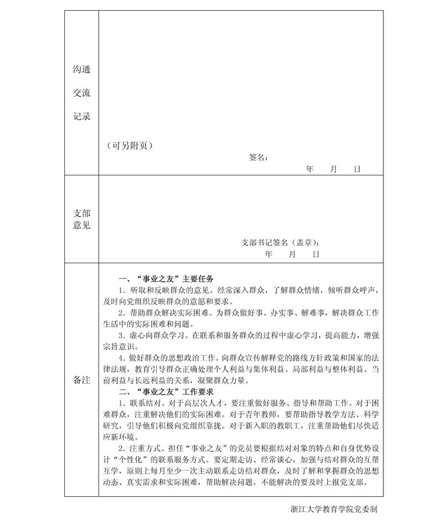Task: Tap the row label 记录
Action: pyautogui.click(x=82, y=117)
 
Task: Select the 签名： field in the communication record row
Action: pyautogui.click(x=258, y=157)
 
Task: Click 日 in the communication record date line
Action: pyautogui.click(x=357, y=169)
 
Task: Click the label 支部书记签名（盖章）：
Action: pyautogui.click(x=281, y=243)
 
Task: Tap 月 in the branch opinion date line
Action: pyautogui.click(x=292, y=254)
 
